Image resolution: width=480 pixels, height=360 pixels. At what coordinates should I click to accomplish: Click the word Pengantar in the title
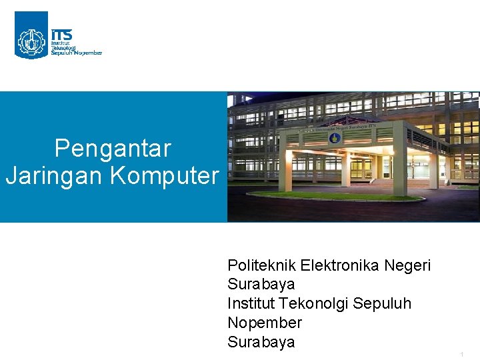click(113, 148)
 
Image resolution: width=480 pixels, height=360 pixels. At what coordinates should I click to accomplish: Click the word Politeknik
click(261, 265)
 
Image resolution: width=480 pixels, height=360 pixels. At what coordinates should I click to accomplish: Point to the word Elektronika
click(340, 265)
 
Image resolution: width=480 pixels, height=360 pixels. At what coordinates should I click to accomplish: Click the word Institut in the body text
click(251, 303)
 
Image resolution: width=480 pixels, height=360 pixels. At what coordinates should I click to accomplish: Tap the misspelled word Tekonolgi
click(313, 303)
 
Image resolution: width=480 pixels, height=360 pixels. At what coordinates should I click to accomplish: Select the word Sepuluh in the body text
click(382, 304)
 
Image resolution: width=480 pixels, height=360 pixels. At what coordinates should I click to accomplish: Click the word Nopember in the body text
click(265, 323)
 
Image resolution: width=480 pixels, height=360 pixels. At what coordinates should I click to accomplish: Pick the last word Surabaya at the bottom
click(261, 342)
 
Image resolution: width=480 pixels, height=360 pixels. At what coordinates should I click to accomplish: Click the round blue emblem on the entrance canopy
click(333, 139)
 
